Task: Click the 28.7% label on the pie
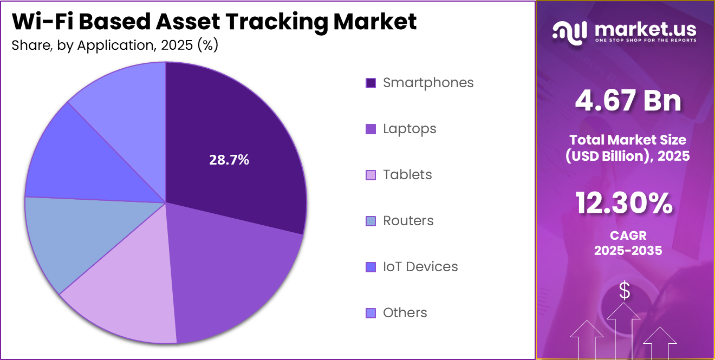(229, 160)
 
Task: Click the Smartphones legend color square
(370, 83)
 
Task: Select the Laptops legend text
(409, 129)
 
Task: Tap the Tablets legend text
(407, 175)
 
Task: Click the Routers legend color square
(370, 221)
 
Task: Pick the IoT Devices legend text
(420, 267)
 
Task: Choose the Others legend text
(405, 313)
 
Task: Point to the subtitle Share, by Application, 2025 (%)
(115, 45)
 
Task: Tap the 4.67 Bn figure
(628, 101)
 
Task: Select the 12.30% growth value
(625, 204)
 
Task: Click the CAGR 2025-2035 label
(628, 243)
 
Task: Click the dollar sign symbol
(625, 291)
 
